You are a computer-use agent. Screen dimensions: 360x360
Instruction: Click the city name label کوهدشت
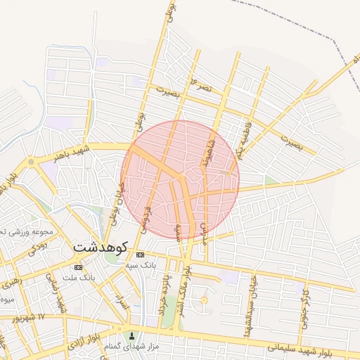coord(99,247)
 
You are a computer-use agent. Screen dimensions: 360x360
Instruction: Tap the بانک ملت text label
coord(78,277)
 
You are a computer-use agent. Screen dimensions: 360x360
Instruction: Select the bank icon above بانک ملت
coord(78,267)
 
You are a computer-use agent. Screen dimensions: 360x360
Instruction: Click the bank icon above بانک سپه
coord(141,255)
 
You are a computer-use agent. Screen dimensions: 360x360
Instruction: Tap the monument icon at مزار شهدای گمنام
coord(131,336)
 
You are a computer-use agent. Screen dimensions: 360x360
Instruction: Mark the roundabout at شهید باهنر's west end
coord(30,163)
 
